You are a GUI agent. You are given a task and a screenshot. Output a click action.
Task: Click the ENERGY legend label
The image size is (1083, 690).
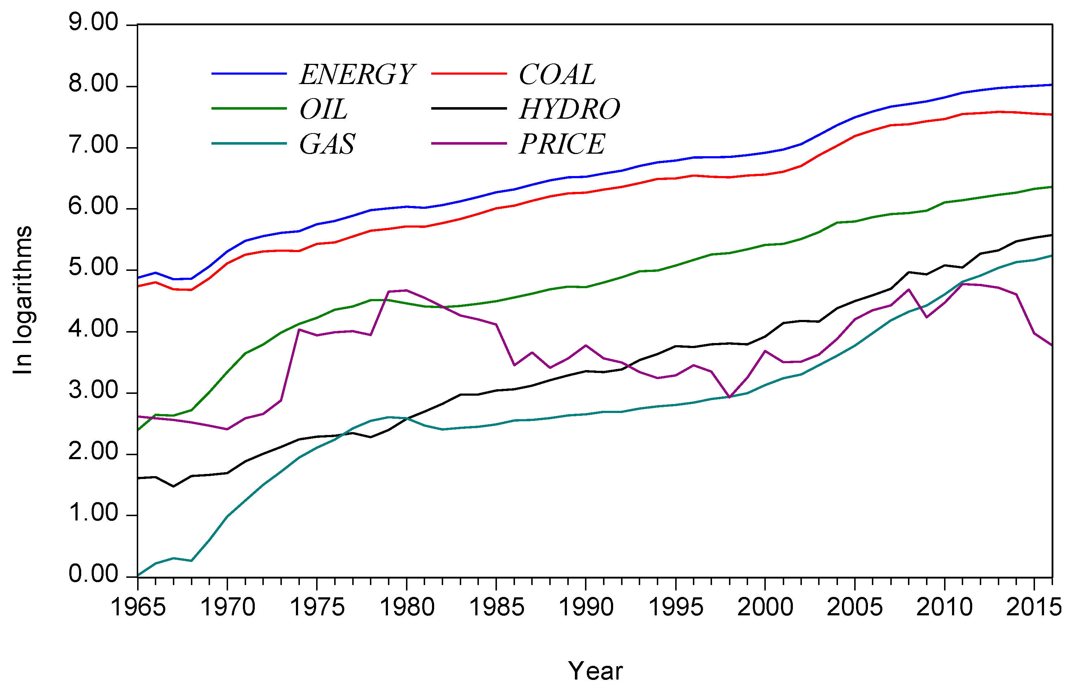tap(357, 74)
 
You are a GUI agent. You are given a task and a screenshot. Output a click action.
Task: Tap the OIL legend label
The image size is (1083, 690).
tap(323, 109)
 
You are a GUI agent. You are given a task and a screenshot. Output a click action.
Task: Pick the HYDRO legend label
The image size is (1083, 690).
tap(569, 109)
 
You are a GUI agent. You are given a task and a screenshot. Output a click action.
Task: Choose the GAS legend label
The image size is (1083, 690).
tap(327, 144)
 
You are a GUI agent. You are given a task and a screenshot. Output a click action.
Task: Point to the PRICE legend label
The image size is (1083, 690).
tap(562, 144)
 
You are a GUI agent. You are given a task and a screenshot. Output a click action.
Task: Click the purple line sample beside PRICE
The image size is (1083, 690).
tap(469, 144)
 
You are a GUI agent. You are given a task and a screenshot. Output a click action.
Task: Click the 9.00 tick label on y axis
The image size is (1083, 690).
tap(93, 22)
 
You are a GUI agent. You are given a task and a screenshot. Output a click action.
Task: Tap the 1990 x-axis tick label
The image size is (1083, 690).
tap(586, 607)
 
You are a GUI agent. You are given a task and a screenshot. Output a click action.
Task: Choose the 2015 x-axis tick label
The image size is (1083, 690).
tap(1034, 607)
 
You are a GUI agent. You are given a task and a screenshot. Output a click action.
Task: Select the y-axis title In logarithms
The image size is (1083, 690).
tap(22, 300)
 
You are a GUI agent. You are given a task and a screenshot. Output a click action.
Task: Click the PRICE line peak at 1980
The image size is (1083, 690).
tap(407, 290)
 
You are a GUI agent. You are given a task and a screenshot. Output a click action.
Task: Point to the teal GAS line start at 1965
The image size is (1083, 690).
tap(138, 575)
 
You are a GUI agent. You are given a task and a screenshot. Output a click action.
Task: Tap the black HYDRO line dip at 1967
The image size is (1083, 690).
tap(174, 486)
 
